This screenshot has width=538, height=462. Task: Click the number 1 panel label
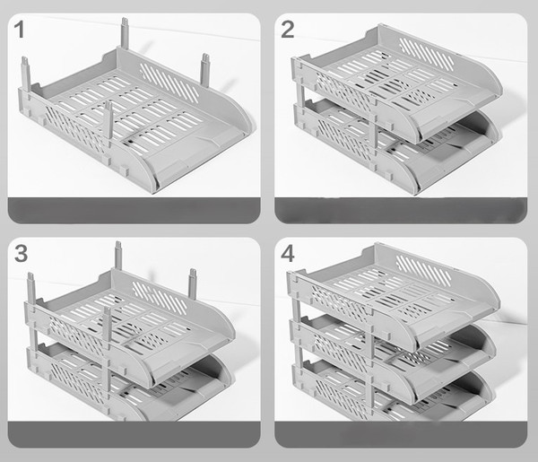tap(19, 30)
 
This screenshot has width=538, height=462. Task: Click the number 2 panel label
tap(288, 30)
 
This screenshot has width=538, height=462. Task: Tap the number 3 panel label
tap(21, 253)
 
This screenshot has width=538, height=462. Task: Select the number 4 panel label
tap(288, 254)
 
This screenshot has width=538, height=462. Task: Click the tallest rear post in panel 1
tap(125, 33)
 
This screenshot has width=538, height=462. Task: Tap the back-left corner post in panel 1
tap(26, 74)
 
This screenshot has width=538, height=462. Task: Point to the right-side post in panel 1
tap(205, 70)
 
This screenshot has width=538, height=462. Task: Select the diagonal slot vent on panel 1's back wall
tap(169, 83)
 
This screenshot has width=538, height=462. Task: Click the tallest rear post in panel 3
tap(118, 256)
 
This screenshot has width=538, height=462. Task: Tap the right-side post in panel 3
tap(193, 283)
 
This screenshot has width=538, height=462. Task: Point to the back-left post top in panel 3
tap(30, 276)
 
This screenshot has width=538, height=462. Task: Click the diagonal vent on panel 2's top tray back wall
tap(428, 54)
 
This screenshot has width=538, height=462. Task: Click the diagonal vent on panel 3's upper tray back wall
tap(161, 298)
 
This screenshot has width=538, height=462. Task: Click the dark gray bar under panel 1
tap(134, 211)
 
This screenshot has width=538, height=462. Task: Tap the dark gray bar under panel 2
tap(401, 211)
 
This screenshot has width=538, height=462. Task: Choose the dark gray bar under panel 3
tap(134, 434)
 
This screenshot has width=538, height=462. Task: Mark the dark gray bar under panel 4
tap(401, 434)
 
